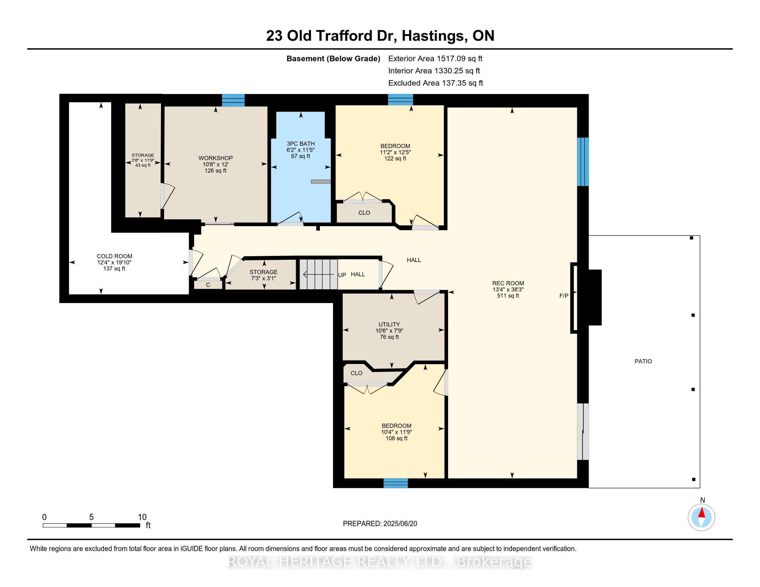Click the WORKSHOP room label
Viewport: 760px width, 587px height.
216,158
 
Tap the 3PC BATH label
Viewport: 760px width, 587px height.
301,144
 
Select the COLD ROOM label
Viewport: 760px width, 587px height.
114,256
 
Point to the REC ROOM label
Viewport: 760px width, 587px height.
508,283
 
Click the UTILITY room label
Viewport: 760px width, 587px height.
389,325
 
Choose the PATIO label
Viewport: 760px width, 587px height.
643,361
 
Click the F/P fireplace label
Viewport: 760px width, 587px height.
564,296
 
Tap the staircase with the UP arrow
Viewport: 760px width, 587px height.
319,275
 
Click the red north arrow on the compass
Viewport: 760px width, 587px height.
702,512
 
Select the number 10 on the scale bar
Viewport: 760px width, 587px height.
142,517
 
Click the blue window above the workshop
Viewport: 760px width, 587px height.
233,100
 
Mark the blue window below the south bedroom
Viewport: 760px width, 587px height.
396,483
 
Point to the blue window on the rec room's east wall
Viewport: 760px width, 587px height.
583,162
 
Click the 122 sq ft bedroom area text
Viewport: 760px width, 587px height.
395,158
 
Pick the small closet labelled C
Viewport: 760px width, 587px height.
208,285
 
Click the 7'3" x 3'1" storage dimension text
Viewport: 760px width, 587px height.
264,278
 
